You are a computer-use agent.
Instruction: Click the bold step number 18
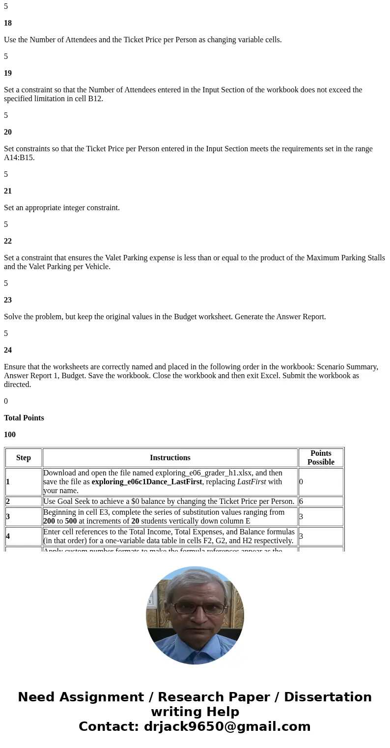[x=8, y=23]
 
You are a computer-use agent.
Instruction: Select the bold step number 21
[x=8, y=191]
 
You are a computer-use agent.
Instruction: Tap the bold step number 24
[x=8, y=350]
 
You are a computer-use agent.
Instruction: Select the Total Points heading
[x=24, y=418]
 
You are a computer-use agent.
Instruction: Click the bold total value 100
[x=10, y=435]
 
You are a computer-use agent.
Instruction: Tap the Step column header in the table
[x=24, y=458]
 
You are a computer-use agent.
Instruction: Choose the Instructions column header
[x=170, y=458]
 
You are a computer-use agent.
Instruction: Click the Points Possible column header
[x=321, y=458]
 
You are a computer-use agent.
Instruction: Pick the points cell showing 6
[x=301, y=501]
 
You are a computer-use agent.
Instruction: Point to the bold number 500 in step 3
[x=71, y=521]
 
